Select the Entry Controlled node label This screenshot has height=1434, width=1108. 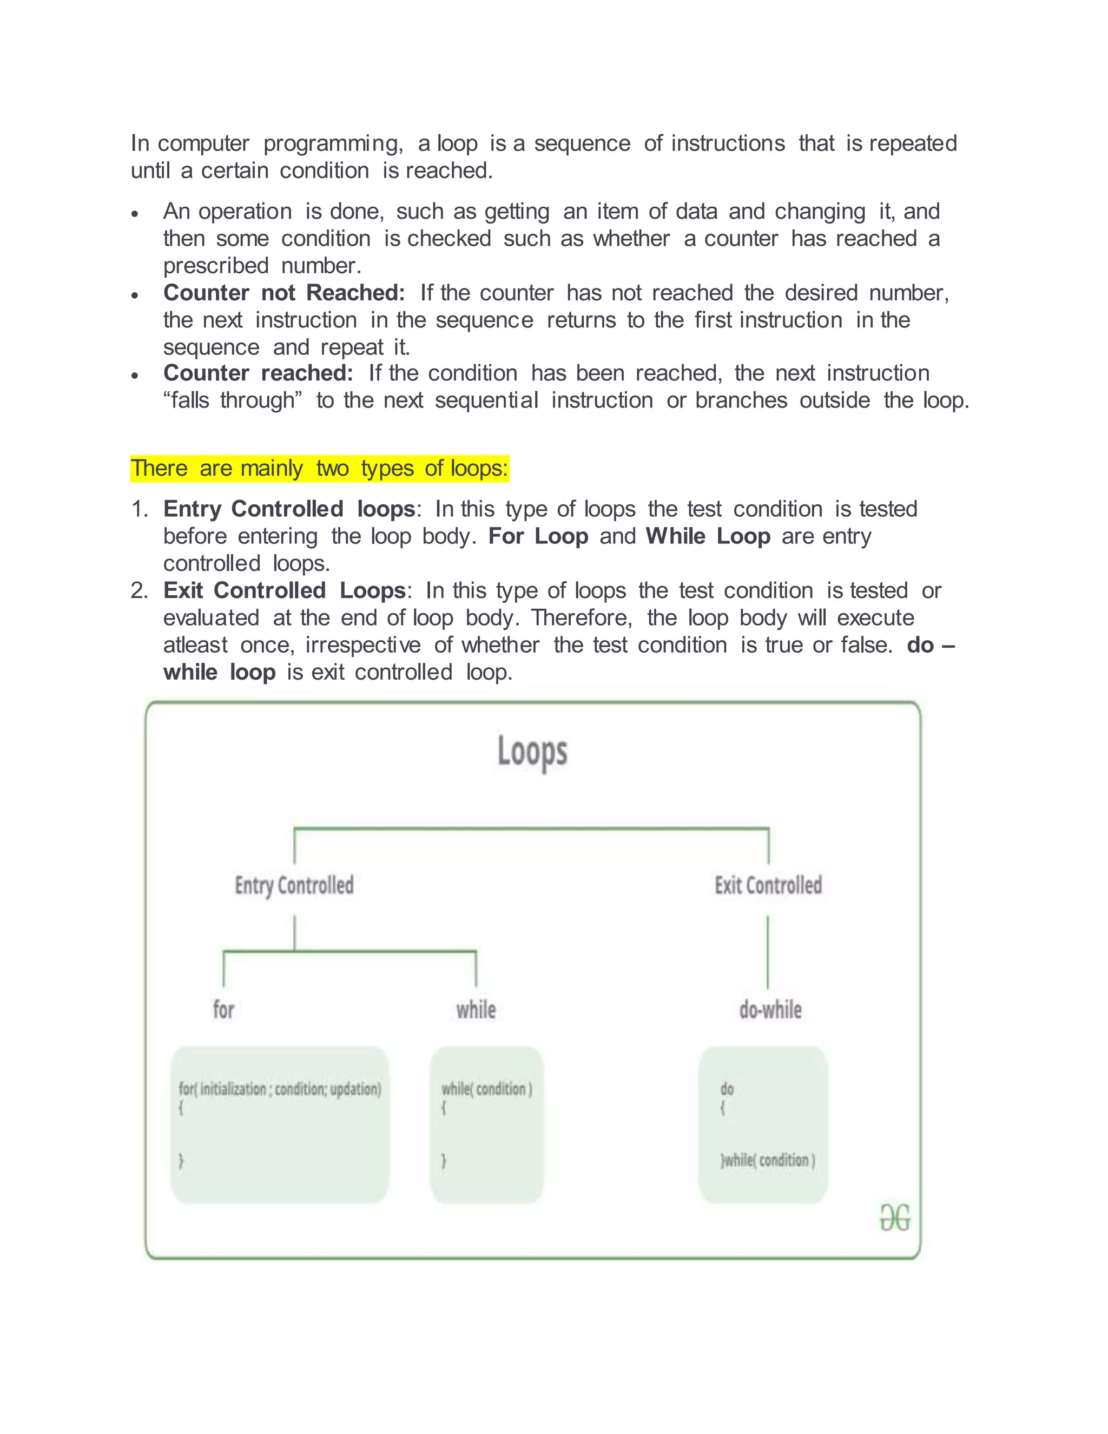pos(294,886)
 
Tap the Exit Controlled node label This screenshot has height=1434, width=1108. pos(768,886)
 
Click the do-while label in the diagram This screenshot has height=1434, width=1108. pos(770,1010)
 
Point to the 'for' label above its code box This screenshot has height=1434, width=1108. pos(223,1010)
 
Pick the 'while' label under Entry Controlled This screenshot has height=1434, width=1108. pos(476,1010)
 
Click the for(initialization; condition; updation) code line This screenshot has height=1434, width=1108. pos(280,1089)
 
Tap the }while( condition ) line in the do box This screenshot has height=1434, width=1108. pos(767,1160)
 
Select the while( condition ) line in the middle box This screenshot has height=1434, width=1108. pos(486,1089)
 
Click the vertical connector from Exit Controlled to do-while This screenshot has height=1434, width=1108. pos(767,952)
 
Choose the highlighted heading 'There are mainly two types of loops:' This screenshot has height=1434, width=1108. pos(320,469)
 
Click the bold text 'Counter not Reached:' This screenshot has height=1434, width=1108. pos(284,293)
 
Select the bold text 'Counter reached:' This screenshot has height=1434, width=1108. pos(258,373)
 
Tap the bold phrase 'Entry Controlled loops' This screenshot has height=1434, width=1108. pos(289,509)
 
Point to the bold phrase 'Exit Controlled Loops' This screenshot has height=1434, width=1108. pos(284,590)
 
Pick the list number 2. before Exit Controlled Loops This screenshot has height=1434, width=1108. pos(138,590)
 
